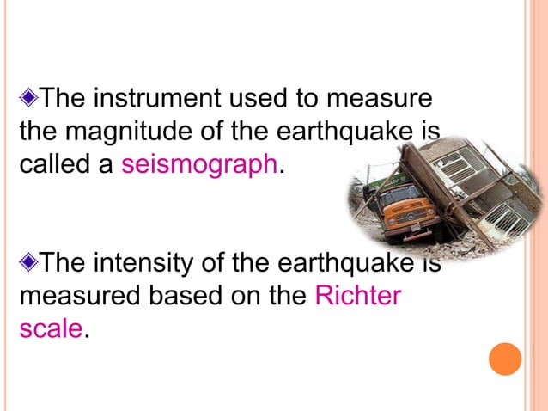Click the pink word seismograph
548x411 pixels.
(199, 164)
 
